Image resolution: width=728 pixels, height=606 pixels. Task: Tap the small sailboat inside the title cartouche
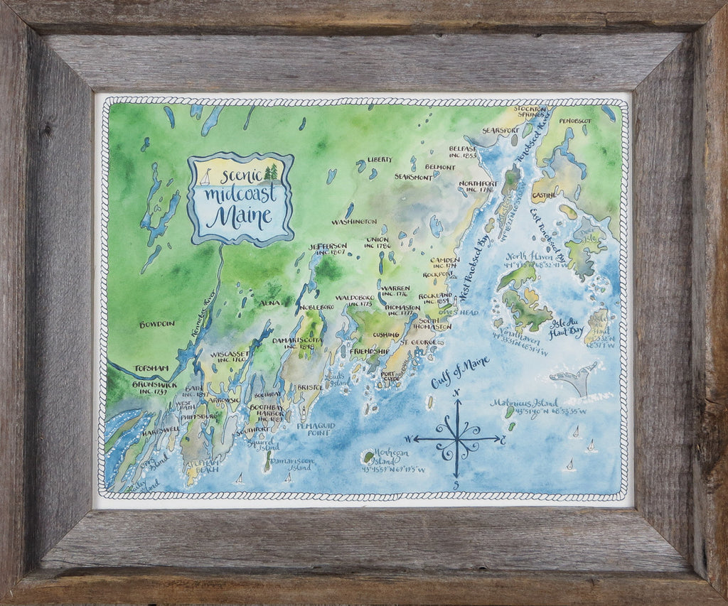coord(205,176)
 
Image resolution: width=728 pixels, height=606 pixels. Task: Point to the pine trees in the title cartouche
coord(270,173)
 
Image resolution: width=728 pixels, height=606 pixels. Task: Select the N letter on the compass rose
coord(457,392)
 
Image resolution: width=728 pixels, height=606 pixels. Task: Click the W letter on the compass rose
coord(409,438)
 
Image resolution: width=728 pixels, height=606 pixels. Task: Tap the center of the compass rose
coord(457,438)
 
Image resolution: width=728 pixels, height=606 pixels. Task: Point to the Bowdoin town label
coord(156,324)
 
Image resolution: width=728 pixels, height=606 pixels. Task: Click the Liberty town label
coord(379,160)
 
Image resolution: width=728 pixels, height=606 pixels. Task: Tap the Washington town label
coord(353,222)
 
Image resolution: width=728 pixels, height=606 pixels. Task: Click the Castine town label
coord(544,194)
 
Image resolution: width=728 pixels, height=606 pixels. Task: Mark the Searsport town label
coord(498,131)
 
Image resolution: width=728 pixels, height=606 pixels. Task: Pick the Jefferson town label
coord(328,246)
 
